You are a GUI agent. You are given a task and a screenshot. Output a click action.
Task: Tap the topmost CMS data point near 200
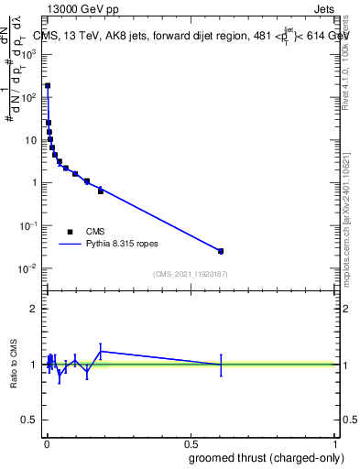48,86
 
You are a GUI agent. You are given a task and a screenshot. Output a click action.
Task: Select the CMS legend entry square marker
69,232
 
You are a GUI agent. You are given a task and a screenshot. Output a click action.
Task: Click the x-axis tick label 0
47,443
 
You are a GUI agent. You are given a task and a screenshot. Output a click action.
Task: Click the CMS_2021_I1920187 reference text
190,274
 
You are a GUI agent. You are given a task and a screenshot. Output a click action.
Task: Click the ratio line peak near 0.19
101,351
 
